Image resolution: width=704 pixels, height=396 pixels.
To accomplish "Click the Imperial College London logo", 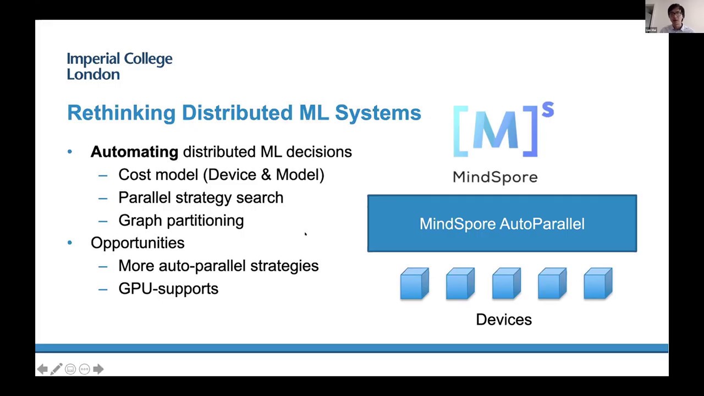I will pyautogui.click(x=119, y=66).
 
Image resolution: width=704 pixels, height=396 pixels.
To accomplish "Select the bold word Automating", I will pyautogui.click(x=134, y=152).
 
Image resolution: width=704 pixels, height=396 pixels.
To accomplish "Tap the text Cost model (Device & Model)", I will pyautogui.click(x=221, y=175).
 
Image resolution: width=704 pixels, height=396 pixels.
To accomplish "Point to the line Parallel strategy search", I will pyautogui.click(x=201, y=198).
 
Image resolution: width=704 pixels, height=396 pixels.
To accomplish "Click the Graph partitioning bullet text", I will pyautogui.click(x=181, y=221).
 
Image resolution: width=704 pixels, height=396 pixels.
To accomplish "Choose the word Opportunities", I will pyautogui.click(x=137, y=243).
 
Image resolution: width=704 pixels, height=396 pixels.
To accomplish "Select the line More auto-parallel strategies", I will pyautogui.click(x=218, y=266).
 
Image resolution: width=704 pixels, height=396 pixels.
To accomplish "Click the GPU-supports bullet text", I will pyautogui.click(x=168, y=289).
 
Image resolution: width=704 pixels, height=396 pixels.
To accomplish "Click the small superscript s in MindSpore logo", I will pyautogui.click(x=547, y=110).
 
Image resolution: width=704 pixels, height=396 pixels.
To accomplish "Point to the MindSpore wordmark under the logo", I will pyautogui.click(x=495, y=177).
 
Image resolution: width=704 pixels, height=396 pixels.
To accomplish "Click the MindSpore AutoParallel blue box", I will pyautogui.click(x=502, y=223).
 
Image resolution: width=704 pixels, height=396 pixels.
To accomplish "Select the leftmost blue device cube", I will pyautogui.click(x=414, y=284).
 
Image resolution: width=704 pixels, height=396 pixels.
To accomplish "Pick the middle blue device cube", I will pyautogui.click(x=506, y=284).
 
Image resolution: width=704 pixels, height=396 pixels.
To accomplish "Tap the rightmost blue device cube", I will pyautogui.click(x=598, y=284).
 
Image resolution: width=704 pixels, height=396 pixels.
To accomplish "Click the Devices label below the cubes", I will pyautogui.click(x=503, y=320).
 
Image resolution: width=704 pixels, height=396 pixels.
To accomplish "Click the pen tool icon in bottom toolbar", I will pyautogui.click(x=56, y=369).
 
